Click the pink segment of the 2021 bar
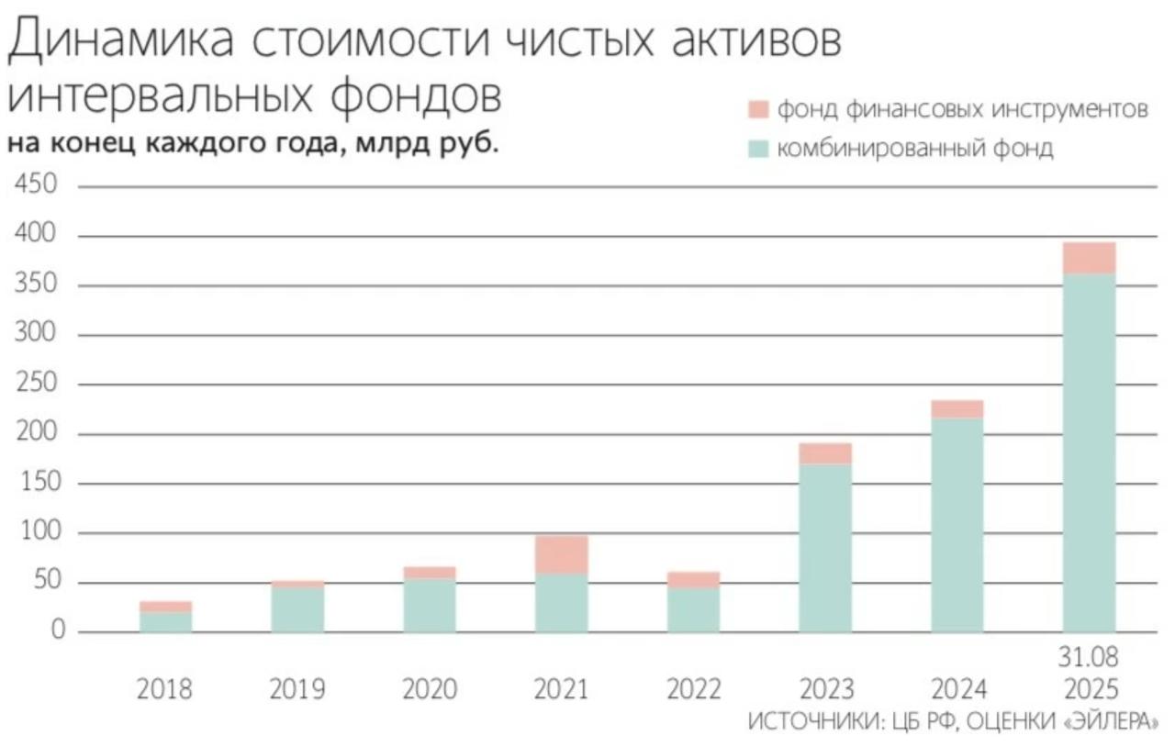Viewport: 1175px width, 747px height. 561,554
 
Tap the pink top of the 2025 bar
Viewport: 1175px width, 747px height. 1089,258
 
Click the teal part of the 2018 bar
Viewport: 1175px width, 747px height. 165,622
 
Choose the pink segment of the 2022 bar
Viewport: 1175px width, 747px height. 693,580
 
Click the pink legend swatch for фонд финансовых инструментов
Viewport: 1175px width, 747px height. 757,110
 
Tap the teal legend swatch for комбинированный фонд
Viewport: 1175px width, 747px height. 757,149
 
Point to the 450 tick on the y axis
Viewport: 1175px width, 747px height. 37,186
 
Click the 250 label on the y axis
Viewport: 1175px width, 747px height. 37,385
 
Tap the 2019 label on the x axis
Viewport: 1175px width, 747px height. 297,689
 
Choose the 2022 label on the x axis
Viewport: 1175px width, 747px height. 693,689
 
